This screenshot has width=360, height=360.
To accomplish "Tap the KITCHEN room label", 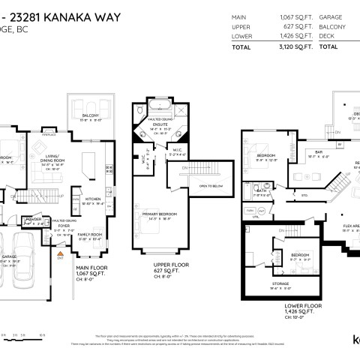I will pos(93,199).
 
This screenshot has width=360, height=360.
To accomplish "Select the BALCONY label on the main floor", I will pos(91,115).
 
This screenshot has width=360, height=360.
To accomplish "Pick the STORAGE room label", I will pos(280,283).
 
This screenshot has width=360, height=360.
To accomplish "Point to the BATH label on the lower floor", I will pos(262,190).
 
